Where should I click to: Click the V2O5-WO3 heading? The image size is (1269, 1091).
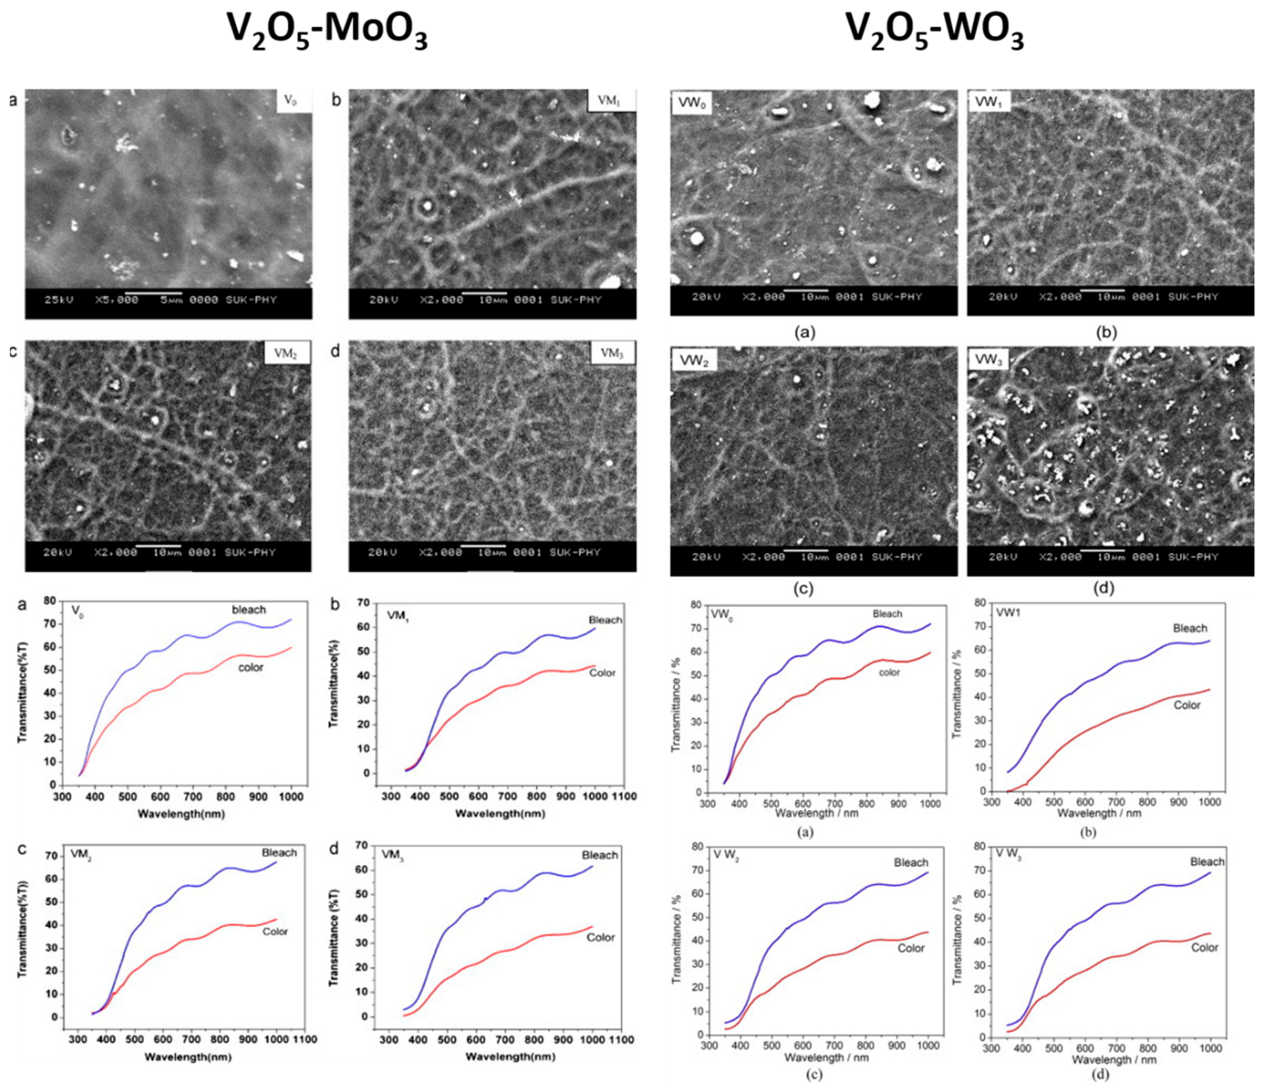click(x=935, y=31)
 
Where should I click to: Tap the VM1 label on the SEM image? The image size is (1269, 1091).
click(x=610, y=101)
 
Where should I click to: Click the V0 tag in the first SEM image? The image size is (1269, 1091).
click(x=293, y=101)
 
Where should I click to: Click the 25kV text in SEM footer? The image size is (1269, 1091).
click(x=59, y=300)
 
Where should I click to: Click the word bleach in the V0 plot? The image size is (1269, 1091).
click(x=249, y=610)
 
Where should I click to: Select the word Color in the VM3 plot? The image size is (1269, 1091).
click(x=600, y=937)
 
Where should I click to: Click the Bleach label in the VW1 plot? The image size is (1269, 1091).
click(x=1189, y=628)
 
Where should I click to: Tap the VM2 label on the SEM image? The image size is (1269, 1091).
click(x=287, y=353)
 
